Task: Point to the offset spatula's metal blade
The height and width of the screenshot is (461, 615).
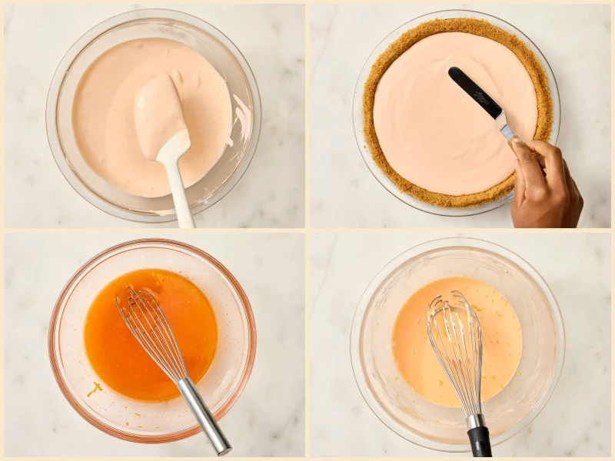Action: pos(505,127)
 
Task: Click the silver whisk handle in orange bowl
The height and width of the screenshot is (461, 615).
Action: pos(204,415)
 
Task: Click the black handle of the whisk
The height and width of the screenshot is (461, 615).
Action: pos(480,442)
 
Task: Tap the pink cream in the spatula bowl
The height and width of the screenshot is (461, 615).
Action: pos(108,115)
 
